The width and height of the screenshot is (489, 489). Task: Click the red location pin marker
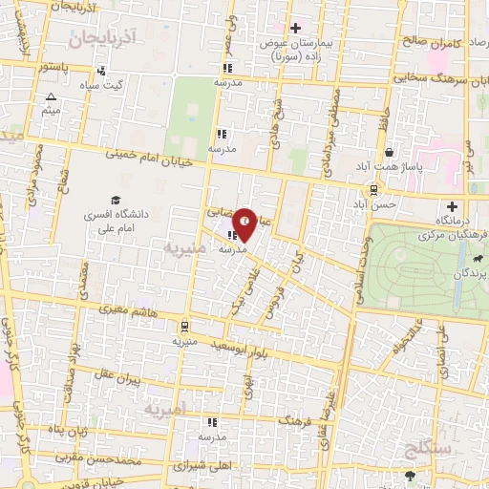click(x=245, y=223)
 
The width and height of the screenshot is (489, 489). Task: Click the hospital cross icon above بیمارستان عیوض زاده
click(x=295, y=28)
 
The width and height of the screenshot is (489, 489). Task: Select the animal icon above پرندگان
click(x=475, y=257)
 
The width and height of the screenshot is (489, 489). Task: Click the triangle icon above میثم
click(x=50, y=97)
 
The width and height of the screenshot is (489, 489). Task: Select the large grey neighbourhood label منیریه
click(x=184, y=251)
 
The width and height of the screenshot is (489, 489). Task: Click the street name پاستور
click(x=48, y=69)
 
